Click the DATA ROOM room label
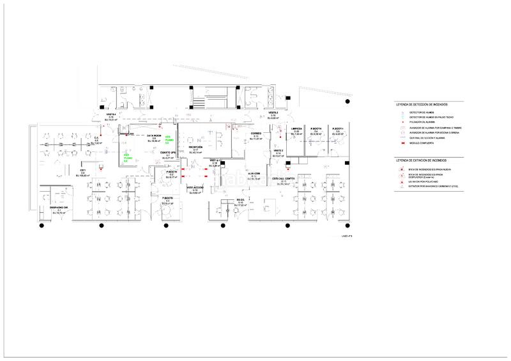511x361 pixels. tap(153, 136)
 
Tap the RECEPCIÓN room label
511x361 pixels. tap(195, 147)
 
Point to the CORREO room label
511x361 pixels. tap(256, 134)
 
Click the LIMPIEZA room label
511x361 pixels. tap(296, 128)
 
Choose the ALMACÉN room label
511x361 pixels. tap(254, 173)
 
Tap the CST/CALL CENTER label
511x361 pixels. tap(283, 178)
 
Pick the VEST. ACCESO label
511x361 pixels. tap(195, 187)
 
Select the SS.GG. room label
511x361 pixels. tap(241, 200)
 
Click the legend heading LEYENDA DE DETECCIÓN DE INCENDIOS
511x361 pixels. tap(422, 104)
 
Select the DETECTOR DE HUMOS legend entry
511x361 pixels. tap(421, 112)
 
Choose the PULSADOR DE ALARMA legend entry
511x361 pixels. tap(422, 122)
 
